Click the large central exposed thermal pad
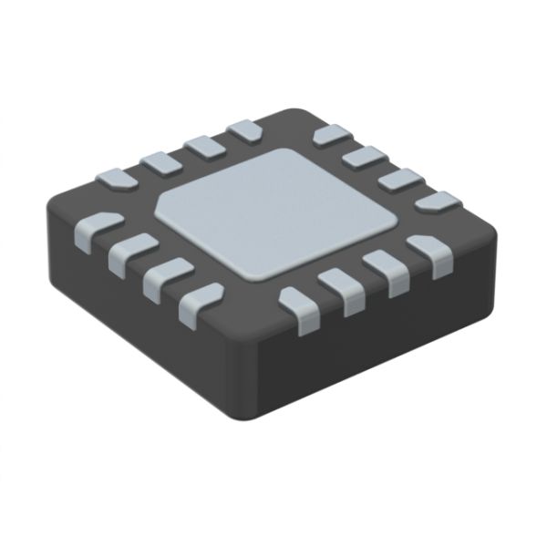pos(273,214)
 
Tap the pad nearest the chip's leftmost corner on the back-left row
pos(117,181)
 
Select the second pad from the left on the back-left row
pos(160,163)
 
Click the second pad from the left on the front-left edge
pos(132,252)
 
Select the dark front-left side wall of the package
pos(137,310)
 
